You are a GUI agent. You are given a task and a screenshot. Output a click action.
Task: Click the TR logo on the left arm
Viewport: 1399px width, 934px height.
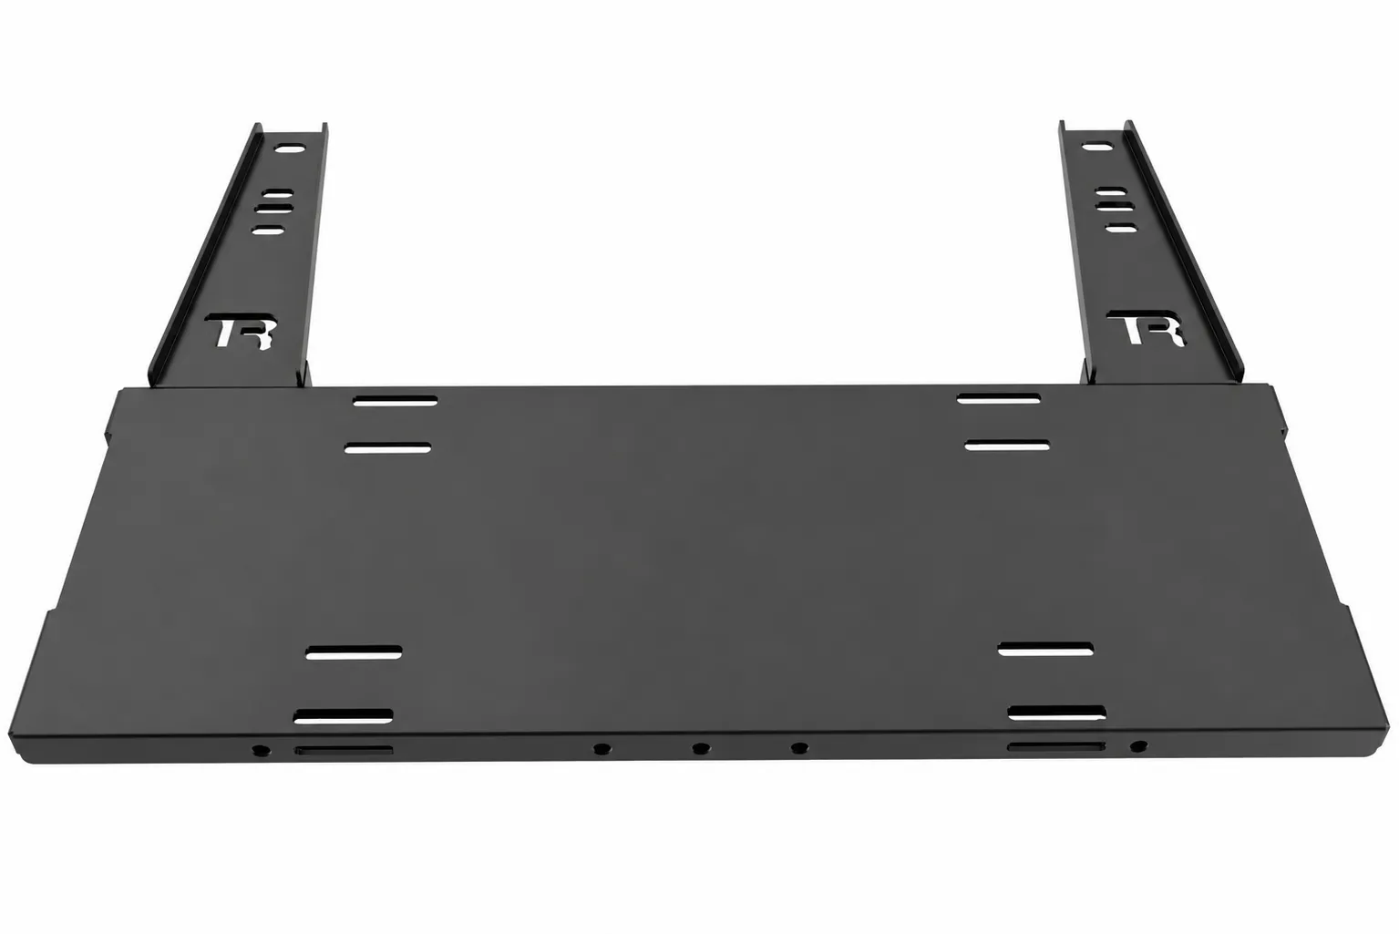pyautogui.click(x=241, y=330)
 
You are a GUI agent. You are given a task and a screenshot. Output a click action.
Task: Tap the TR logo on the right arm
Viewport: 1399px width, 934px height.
pyautogui.click(x=1146, y=328)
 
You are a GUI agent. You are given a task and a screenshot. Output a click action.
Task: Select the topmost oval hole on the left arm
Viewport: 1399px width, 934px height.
pyautogui.click(x=291, y=149)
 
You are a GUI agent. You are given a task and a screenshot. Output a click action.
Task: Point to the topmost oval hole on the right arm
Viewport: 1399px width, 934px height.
pyautogui.click(x=1097, y=148)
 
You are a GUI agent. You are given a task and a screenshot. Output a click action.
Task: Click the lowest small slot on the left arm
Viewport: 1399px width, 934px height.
pyautogui.click(x=269, y=231)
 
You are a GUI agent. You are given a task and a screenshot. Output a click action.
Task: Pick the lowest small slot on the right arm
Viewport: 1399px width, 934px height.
pyautogui.click(x=1122, y=228)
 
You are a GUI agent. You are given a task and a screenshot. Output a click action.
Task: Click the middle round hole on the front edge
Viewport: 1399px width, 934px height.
pyautogui.click(x=701, y=748)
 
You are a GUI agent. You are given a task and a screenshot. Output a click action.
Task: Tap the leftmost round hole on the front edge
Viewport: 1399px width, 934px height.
pyautogui.click(x=261, y=750)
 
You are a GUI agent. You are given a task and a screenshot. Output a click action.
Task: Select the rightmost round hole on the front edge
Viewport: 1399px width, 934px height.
pyautogui.click(x=1138, y=745)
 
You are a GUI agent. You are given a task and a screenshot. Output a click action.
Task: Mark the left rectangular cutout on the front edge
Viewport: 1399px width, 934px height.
pyautogui.click(x=344, y=750)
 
